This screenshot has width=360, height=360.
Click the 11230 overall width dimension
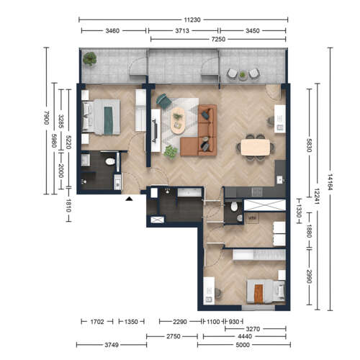[192, 19]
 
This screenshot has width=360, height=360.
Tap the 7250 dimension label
[218, 39]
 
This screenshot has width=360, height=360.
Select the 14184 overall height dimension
[330, 182]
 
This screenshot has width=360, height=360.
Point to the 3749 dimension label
[112, 345]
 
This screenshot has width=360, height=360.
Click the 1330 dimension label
[299, 211]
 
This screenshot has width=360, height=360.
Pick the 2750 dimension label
[174, 336]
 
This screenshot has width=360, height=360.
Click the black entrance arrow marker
[129, 199]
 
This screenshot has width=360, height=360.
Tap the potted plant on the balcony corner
[90, 59]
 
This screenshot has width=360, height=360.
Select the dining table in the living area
[256, 148]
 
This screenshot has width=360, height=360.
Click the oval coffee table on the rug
[178, 120]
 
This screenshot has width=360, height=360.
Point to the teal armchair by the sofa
[163, 101]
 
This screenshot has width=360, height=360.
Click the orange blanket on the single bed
[258, 293]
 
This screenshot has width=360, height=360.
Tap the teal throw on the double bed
[109, 120]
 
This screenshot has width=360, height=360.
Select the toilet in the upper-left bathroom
[110, 161]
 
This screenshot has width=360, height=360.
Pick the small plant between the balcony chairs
[243, 75]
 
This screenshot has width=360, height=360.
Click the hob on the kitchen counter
[257, 192]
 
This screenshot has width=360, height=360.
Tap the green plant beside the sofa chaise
[171, 152]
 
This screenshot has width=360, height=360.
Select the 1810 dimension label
[68, 206]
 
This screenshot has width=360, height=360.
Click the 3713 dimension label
[182, 31]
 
